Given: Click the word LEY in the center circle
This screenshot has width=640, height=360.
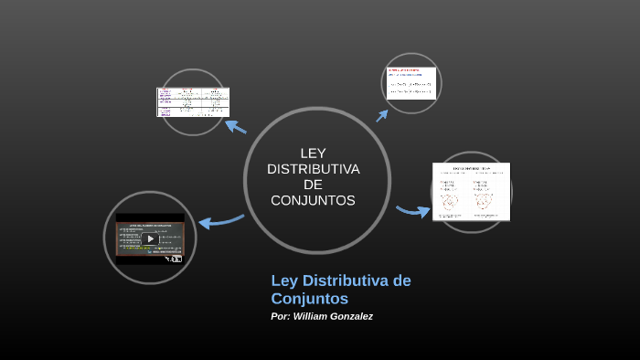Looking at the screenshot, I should click(313, 153).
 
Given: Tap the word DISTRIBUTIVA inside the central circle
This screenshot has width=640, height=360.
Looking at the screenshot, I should click(313, 169).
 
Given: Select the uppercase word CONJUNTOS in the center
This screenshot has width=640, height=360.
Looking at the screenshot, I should click(313, 200).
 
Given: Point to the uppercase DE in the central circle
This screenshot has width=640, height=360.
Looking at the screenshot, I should click(313, 185).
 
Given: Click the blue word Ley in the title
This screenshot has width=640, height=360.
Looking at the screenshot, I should click(285, 280).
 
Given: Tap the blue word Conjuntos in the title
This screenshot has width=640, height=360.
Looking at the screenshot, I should click(310, 298).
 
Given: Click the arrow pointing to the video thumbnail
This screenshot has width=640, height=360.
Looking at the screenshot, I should click(219, 220).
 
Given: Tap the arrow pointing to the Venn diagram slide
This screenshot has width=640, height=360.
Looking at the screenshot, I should click(413, 211).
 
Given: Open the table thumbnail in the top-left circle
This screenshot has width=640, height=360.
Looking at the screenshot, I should click(192, 101).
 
